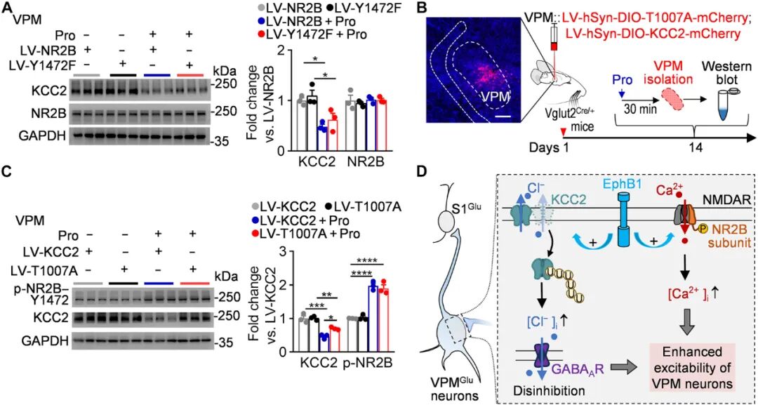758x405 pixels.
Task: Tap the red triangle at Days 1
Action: coord(561,131)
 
